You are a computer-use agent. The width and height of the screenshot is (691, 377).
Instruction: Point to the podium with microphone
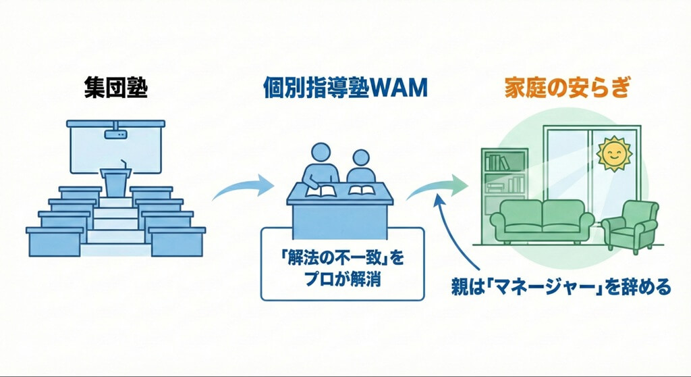pos(115,180)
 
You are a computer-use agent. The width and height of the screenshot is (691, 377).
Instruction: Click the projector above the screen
pos(115,134)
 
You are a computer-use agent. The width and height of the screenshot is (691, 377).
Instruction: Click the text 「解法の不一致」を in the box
pos(343,257)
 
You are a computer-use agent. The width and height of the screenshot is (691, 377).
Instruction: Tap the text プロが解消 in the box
pos(343,278)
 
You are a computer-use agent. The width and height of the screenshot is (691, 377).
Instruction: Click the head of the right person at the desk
pos(362,159)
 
